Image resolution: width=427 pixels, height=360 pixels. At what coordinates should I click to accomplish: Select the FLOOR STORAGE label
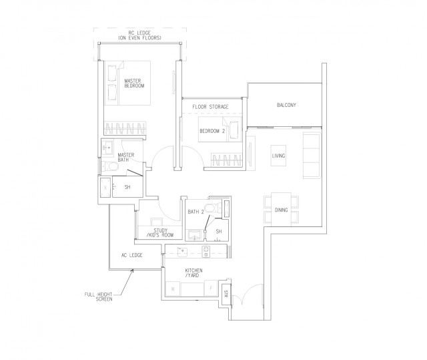pyautogui.click(x=210, y=107)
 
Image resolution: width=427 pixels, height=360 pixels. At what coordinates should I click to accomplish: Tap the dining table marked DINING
pyautogui.click(x=281, y=210)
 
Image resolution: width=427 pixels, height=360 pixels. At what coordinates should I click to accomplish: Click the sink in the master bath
pyautogui.click(x=107, y=148)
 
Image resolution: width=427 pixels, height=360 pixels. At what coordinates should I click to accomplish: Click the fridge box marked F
pyautogui.click(x=210, y=289)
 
